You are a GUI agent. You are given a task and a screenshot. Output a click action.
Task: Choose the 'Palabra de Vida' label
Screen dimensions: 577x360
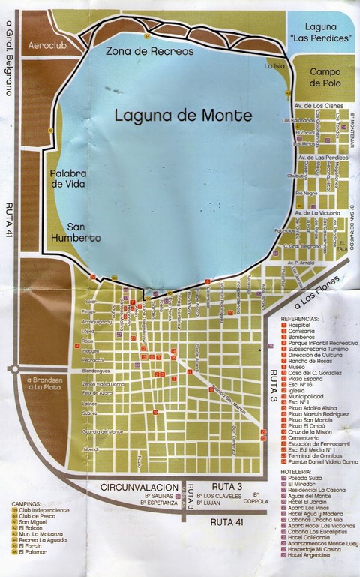pyautogui.click(x=69, y=179)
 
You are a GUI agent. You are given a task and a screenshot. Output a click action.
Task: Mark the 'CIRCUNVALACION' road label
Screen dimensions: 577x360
pyautogui.click(x=147, y=486)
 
